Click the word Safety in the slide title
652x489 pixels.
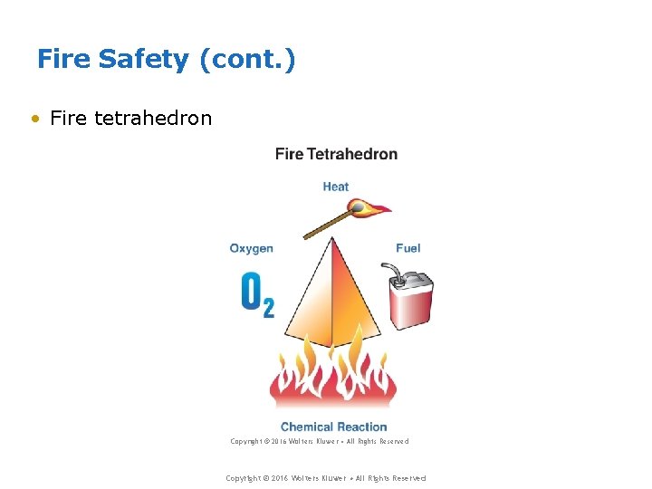[144, 60]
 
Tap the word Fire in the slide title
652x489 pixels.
[63, 60]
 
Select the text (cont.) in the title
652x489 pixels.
[247, 61]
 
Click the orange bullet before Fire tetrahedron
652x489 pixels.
[35, 119]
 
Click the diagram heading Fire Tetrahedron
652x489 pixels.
[336, 154]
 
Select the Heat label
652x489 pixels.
[335, 187]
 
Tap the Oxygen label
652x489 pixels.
[251, 248]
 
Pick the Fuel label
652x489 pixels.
[407, 248]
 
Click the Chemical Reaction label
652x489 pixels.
[333, 427]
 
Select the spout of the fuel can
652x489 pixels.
[391, 270]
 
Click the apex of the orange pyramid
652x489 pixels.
[331, 239]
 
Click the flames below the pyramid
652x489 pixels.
[332, 380]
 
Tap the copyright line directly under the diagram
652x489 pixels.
[319, 442]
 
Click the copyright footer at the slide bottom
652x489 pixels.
[325, 478]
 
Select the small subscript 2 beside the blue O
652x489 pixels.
[268, 308]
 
